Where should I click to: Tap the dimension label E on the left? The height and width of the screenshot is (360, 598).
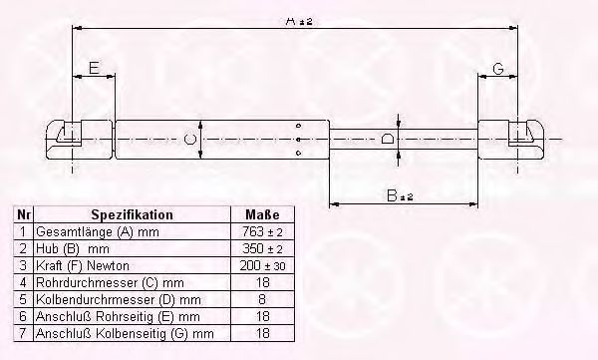92,69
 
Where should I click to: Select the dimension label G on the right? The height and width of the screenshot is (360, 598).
497,69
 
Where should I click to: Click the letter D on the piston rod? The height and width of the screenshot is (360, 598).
388,139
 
